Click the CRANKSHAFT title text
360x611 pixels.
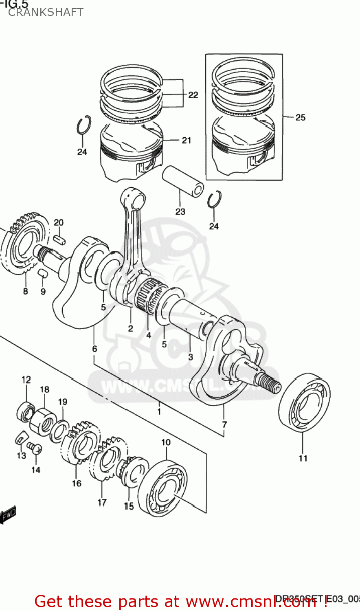[46, 12]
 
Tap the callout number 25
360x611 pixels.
[300, 117]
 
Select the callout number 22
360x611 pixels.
[193, 95]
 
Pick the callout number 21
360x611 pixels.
[187, 140]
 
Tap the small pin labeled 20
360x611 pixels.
[59, 239]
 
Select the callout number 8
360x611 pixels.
[25, 291]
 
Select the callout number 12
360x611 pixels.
[26, 380]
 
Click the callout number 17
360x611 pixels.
[102, 503]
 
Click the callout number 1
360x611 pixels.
[159, 411]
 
